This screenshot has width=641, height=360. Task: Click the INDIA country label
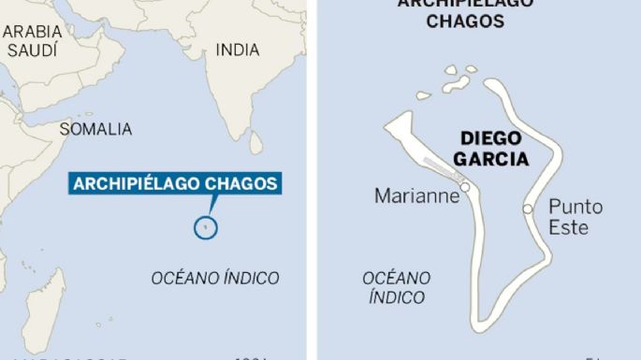click(x=238, y=50)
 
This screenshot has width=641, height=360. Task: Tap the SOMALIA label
click(x=95, y=129)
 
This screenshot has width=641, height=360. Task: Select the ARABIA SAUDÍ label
click(x=33, y=41)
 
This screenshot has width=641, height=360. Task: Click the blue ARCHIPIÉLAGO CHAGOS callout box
click(x=175, y=183)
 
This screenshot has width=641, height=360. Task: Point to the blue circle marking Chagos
click(x=206, y=226)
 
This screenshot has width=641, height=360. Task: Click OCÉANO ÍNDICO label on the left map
click(x=215, y=278)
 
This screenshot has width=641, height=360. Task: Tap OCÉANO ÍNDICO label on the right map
click(x=397, y=287)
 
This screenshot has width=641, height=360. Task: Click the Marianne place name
click(x=416, y=195)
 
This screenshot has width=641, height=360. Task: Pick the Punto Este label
click(x=575, y=216)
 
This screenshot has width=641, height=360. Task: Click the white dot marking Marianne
click(x=465, y=187)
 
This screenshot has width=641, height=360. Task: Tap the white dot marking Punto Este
click(x=528, y=209)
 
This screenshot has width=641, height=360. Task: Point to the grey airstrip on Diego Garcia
click(x=440, y=171)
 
